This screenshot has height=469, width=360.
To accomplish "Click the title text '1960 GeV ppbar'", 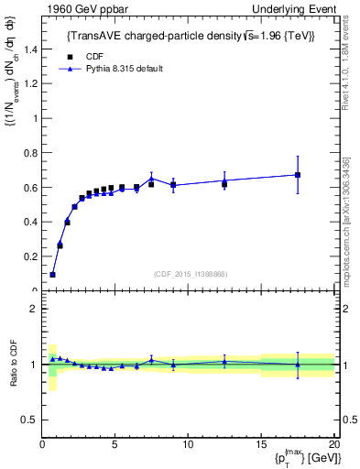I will [x=73, y=8].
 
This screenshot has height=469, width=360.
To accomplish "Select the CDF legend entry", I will [x=92, y=55].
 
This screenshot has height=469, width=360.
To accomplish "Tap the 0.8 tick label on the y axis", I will [x=31, y=153].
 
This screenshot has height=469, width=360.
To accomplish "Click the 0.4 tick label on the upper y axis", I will [x=31, y=223].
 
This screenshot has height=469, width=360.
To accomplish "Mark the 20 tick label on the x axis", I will [x=333, y=445].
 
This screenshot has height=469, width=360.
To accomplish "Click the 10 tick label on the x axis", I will [x=188, y=445].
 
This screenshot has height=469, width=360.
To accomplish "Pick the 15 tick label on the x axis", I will [x=261, y=445].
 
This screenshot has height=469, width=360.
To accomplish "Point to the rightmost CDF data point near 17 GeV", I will [x=297, y=175].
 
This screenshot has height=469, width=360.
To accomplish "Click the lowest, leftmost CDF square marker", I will [x=53, y=275].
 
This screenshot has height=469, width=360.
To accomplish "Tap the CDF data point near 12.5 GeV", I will [x=224, y=184].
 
